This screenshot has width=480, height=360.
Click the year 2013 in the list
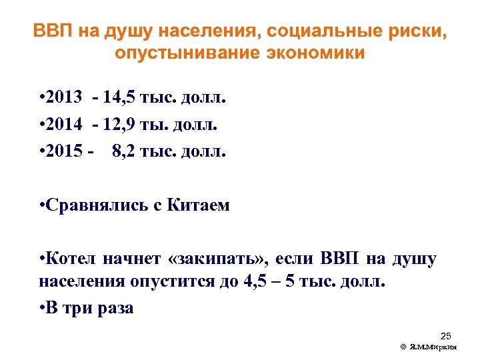(x=66, y=99)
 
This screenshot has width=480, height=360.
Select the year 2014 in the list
(x=66, y=125)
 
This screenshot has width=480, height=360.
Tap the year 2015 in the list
(x=66, y=151)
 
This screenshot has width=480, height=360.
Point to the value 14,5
(x=121, y=99)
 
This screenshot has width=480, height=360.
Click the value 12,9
(x=121, y=125)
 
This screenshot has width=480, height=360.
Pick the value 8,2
(x=127, y=151)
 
